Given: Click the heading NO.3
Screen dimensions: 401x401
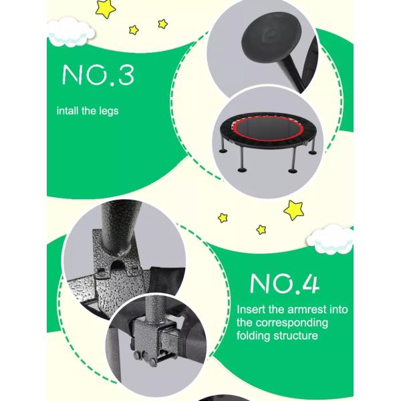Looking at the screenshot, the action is [98, 75].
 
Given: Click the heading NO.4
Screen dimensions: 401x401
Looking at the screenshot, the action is [285, 284].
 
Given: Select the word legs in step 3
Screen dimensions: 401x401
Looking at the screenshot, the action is [109, 112].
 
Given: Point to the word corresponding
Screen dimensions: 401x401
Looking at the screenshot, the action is [292, 323].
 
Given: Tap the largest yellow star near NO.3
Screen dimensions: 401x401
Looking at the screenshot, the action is [106, 9].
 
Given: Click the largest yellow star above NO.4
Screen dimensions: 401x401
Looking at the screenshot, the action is [294, 210].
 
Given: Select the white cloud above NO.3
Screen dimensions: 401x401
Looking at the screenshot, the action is [71, 33].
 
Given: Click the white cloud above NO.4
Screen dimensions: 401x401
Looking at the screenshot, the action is [330, 239].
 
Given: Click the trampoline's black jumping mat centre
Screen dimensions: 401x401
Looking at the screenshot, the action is [268, 130].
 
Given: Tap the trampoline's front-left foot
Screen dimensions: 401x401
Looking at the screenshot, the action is [242, 170].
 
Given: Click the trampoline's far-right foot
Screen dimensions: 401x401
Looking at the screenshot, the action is [313, 152].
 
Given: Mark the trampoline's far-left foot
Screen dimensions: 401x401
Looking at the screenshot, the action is [223, 151].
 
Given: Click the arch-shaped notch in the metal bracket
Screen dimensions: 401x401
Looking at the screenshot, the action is [118, 266].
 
